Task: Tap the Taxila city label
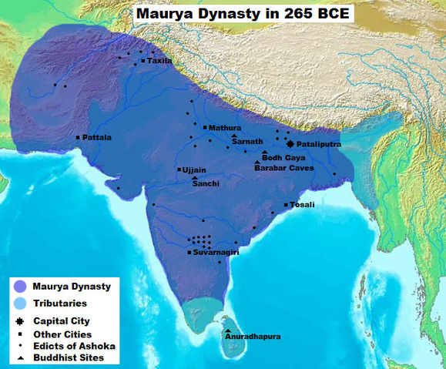[x=159, y=60]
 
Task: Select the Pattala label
[x=97, y=138]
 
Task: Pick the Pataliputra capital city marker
[x=290, y=144]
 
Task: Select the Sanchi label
[x=206, y=184]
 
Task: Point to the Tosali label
[x=302, y=204]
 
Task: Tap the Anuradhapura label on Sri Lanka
[x=253, y=337]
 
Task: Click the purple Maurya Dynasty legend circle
[x=20, y=287]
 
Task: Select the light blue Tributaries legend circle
[x=20, y=304]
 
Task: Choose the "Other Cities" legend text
[x=62, y=334]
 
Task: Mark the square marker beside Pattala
[x=78, y=138]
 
